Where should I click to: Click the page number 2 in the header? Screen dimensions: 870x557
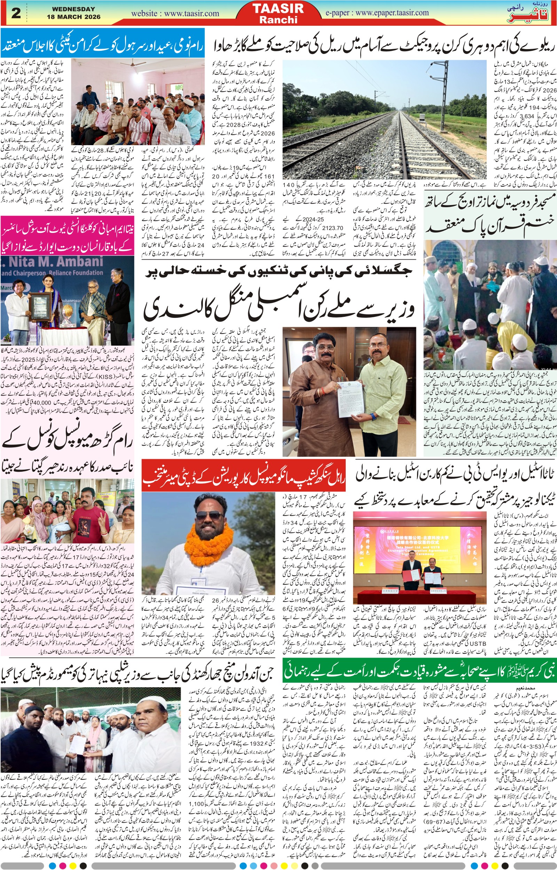[16, 13]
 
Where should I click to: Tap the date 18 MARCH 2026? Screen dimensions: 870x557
[73, 17]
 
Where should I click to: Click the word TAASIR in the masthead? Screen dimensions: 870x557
[278, 8]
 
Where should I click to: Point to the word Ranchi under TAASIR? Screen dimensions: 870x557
[278, 20]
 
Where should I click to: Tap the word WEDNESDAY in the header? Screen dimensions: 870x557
[73, 9]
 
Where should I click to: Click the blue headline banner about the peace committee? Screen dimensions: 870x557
[102, 48]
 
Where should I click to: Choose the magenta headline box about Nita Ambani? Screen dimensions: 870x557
[67, 235]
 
